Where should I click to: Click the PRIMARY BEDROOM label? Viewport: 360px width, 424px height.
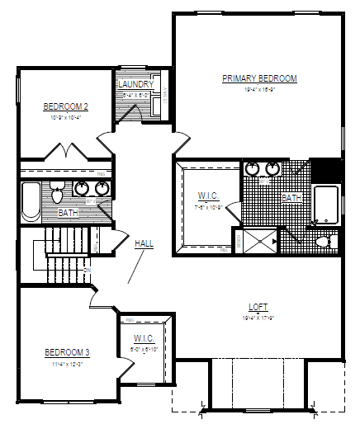[x=258, y=78]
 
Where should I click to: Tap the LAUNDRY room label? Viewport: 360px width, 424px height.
[x=135, y=84]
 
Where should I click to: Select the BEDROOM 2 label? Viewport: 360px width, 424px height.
[x=66, y=106]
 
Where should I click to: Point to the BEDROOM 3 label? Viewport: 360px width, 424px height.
[x=67, y=353]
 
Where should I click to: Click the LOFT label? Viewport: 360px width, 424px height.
[x=258, y=307]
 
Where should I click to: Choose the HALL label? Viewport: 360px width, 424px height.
[x=145, y=243]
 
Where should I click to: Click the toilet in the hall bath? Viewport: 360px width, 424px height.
[x=57, y=194]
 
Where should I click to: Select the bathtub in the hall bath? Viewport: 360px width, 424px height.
[x=31, y=202]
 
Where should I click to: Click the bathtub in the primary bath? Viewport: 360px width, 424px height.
[x=326, y=205]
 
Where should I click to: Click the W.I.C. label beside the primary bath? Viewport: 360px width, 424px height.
[x=207, y=196]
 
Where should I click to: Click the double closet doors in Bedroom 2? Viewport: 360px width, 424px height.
[x=64, y=152]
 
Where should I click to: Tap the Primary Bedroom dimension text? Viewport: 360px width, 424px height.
[x=258, y=89]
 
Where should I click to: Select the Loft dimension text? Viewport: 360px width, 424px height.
[x=258, y=317]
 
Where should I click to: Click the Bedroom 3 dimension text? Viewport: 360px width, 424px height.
[x=67, y=363]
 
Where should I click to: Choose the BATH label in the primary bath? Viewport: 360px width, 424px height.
[x=291, y=198]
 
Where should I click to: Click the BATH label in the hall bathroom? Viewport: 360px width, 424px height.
[x=69, y=213]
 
